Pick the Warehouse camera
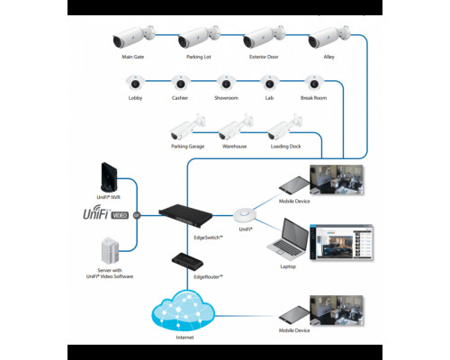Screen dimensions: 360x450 tap(235, 127)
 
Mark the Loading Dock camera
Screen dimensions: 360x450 tap(285, 127)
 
